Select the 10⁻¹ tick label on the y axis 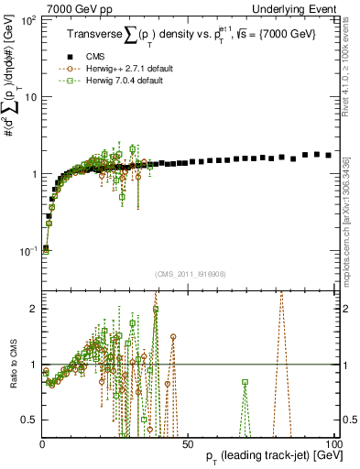pyautogui.click(x=28, y=250)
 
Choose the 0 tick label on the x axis pyautogui.click(x=42, y=443)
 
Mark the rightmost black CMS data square pyautogui.click(x=329, y=156)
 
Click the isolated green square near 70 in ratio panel pyautogui.click(x=245, y=382)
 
